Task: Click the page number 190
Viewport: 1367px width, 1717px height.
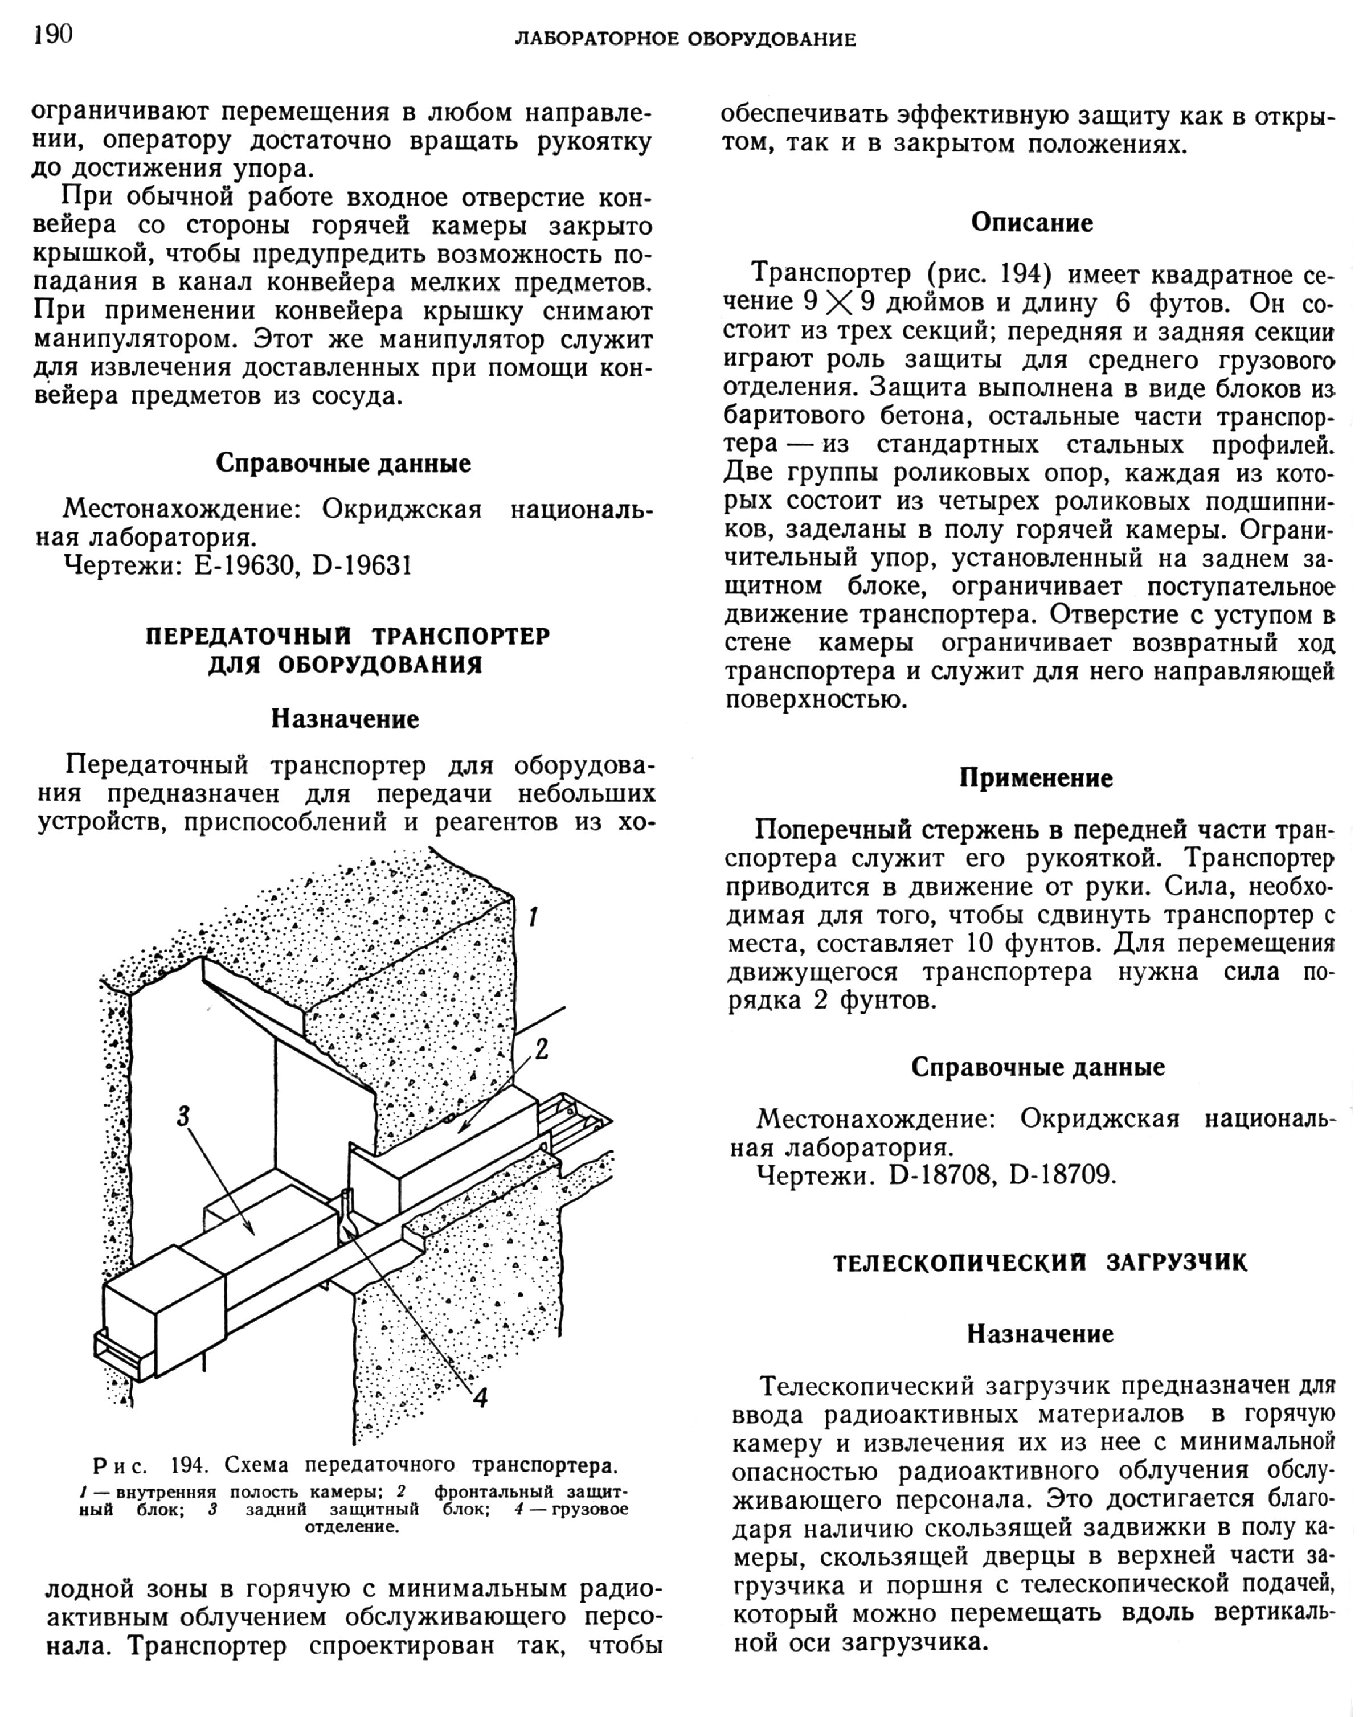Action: point(52,35)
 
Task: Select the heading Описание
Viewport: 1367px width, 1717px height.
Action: point(1032,223)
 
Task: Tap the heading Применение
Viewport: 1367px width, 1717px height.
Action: point(1036,777)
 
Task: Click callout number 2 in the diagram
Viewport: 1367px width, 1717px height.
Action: point(542,1050)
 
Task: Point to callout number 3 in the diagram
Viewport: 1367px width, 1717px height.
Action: point(183,1117)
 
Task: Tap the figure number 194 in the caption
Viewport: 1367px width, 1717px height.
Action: point(192,1465)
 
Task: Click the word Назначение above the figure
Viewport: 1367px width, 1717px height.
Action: point(345,719)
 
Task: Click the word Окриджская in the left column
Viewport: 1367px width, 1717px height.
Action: point(402,509)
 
